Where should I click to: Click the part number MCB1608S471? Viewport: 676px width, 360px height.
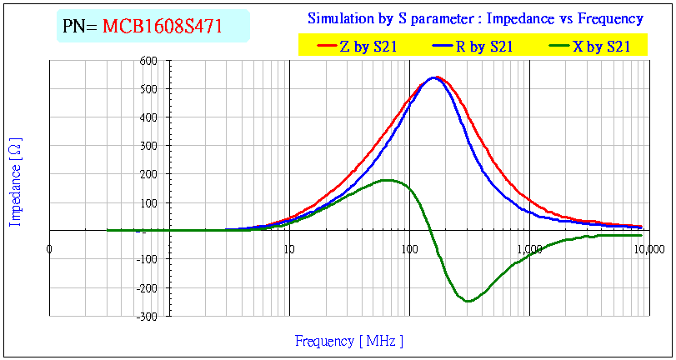(x=162, y=27)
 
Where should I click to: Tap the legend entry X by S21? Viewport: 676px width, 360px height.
(x=601, y=47)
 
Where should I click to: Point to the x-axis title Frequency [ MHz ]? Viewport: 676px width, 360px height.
(x=349, y=341)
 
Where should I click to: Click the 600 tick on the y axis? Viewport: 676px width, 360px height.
(x=149, y=60)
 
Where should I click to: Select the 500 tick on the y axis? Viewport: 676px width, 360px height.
(x=149, y=89)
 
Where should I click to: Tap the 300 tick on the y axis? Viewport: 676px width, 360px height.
(x=149, y=146)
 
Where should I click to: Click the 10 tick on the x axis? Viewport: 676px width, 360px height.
(x=288, y=249)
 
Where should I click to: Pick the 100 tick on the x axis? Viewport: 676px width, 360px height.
(x=408, y=249)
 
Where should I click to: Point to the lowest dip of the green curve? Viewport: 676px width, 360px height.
(x=468, y=302)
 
